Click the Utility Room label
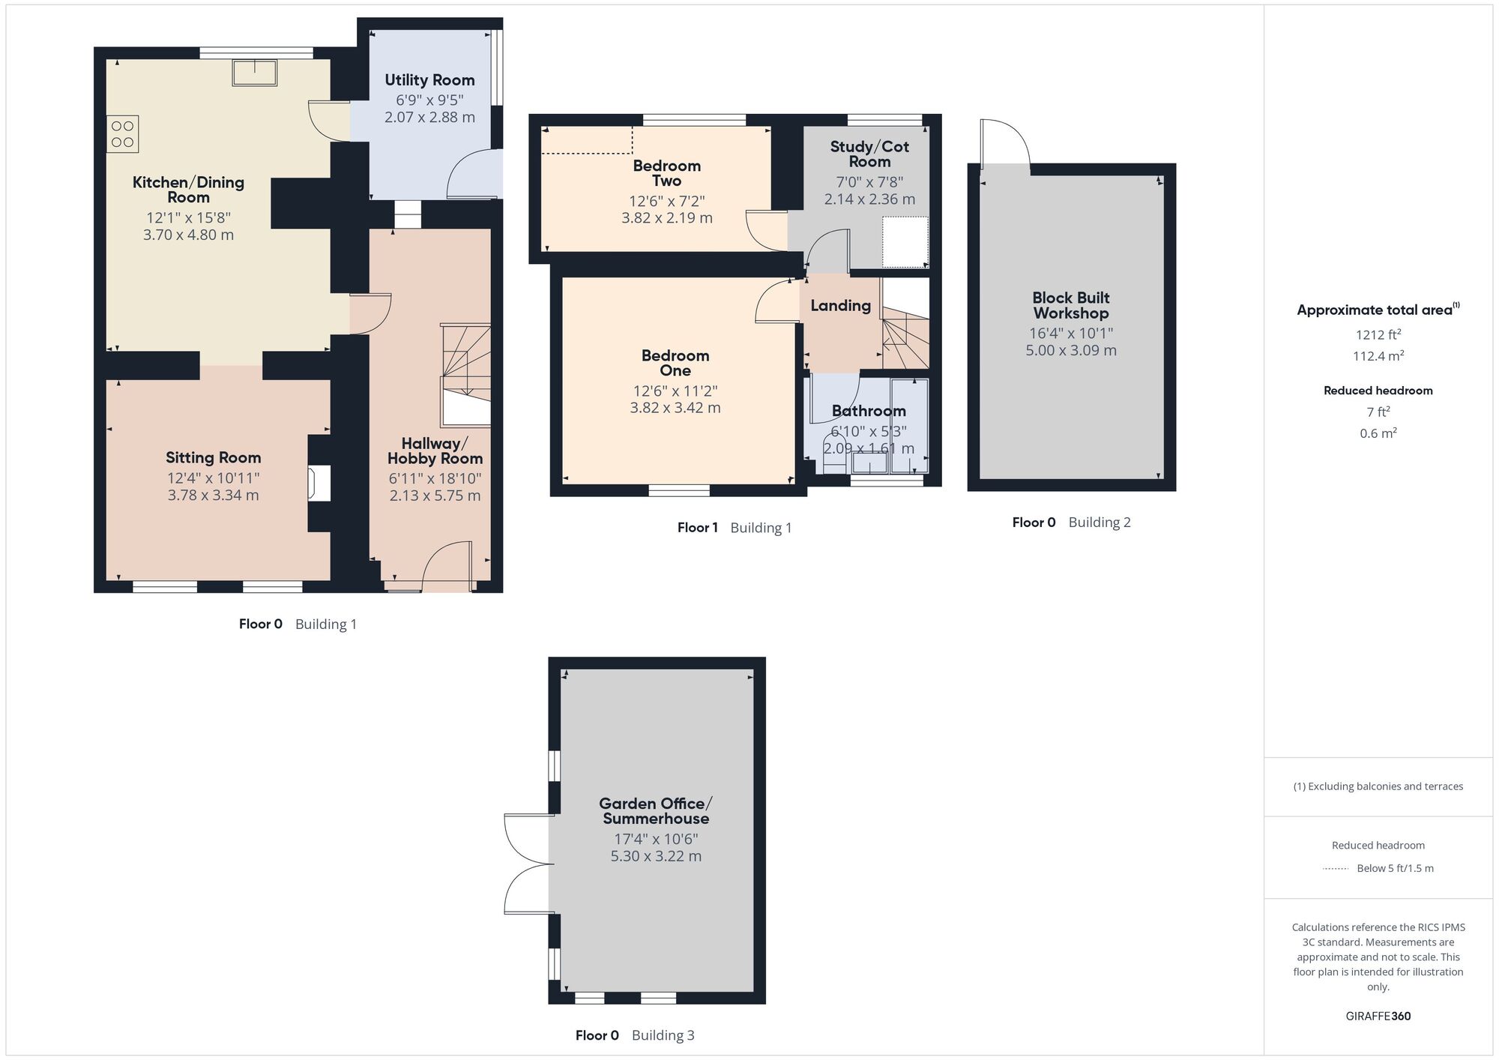coord(429,80)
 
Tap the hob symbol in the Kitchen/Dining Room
coord(123,134)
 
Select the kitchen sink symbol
coord(255,73)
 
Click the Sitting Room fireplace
coord(319,483)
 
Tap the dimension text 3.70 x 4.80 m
coord(188,235)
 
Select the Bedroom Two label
coord(666,173)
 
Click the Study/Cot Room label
coord(869,154)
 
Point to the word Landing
coord(840,306)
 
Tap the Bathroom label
coord(869,411)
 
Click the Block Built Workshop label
coord(1070,306)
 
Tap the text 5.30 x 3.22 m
coord(656,856)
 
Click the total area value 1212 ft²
coord(1378,334)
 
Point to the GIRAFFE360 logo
coord(1378,1017)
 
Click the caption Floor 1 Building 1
coord(734,528)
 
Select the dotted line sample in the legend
coord(1336,869)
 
